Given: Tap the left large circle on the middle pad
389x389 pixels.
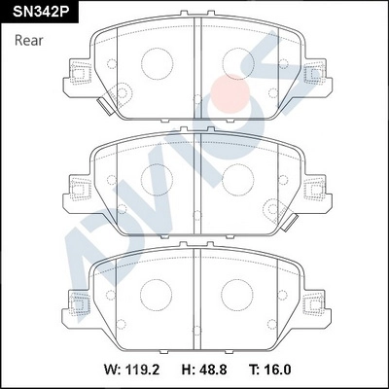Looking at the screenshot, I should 157,179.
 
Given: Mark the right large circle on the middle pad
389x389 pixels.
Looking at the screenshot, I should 237,179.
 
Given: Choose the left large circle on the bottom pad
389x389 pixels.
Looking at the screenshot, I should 157,293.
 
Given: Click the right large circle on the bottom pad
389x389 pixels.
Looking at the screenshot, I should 237,293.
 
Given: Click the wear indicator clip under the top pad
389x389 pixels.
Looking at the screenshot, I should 103,107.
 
